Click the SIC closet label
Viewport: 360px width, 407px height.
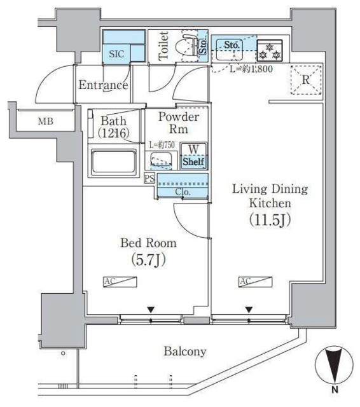pyautogui.click(x=116, y=54)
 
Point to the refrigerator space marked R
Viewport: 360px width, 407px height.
pyautogui.click(x=305, y=81)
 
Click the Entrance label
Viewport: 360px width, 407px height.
pyautogui.click(x=103, y=85)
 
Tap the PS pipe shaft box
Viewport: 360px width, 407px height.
pyautogui.click(x=149, y=178)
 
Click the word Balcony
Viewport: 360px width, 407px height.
pyautogui.click(x=184, y=351)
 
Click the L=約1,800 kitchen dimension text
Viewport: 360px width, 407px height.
pyautogui.click(x=251, y=69)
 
